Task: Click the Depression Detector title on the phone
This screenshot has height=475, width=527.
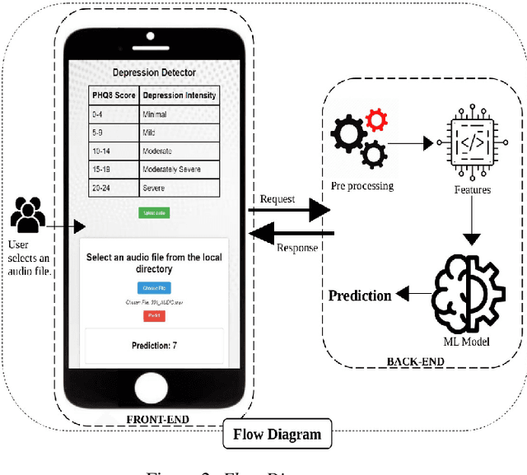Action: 154,72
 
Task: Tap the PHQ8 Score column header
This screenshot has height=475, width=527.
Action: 114,95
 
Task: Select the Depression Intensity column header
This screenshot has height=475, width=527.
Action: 179,95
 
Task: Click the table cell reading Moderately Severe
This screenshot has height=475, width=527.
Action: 171,170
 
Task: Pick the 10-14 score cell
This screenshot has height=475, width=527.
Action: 103,151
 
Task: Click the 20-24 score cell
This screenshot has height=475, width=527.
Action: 103,188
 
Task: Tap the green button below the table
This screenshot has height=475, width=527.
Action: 154,212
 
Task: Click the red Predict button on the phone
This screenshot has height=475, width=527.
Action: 153,316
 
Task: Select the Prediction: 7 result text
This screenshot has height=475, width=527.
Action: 154,345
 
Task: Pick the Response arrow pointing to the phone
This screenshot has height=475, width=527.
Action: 289,235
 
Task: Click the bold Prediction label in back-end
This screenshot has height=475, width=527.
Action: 360,296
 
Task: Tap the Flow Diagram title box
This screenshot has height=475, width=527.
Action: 277,434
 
